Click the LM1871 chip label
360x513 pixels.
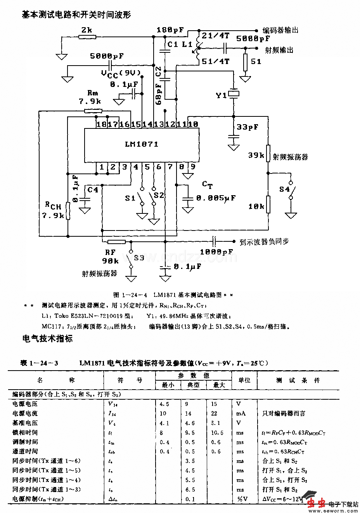tap(142, 144)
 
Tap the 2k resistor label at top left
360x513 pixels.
tap(87, 30)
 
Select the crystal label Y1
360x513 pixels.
tap(221, 95)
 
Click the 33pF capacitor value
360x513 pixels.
tap(247, 127)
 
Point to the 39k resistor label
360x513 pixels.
tap(256, 155)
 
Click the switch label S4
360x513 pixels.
tap(284, 189)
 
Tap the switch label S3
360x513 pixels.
tap(139, 258)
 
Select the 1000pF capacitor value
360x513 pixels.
tap(216, 252)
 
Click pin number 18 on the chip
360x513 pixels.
tap(102, 124)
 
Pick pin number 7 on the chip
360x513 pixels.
tap(170, 167)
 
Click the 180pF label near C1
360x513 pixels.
tap(170, 30)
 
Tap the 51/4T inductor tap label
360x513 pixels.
tap(216, 61)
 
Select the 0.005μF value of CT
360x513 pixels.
tap(216, 198)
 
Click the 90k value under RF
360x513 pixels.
tap(111, 261)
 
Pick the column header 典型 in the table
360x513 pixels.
tap(193, 385)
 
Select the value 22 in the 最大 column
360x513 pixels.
tap(214, 414)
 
